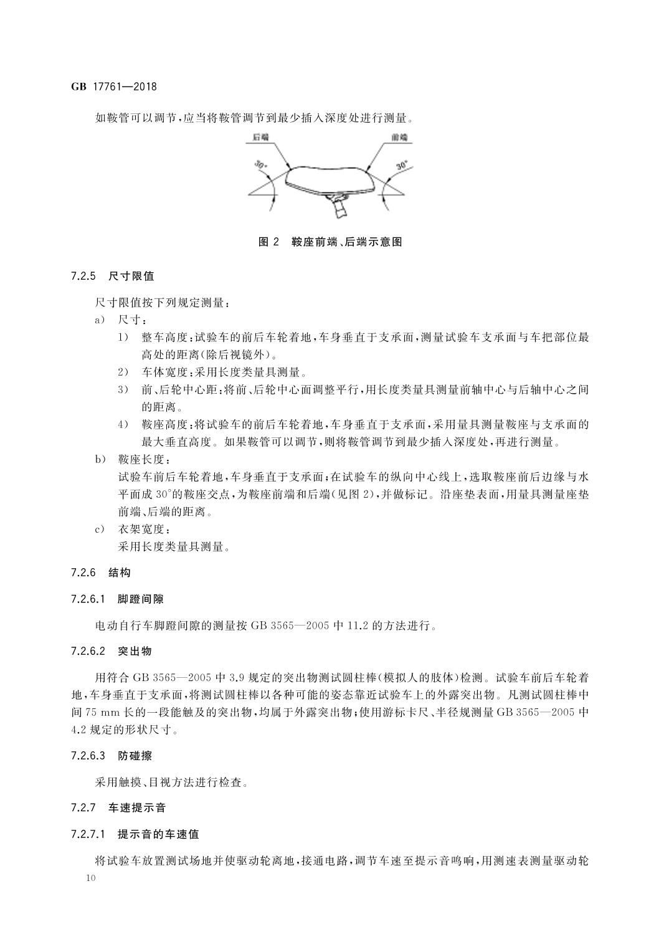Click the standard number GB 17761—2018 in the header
coord(113,87)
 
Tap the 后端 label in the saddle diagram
coord(261,136)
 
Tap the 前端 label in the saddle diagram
coord(399,136)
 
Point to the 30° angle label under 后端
coord(260,166)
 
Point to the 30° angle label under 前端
coord(402,166)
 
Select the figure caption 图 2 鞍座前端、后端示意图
coord(330,242)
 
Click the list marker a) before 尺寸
coord(98,320)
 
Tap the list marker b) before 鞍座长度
coord(98,460)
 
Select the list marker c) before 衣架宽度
coord(98,530)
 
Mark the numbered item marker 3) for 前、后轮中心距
coord(123,390)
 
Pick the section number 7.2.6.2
coord(90,651)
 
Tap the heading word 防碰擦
coord(135,756)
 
